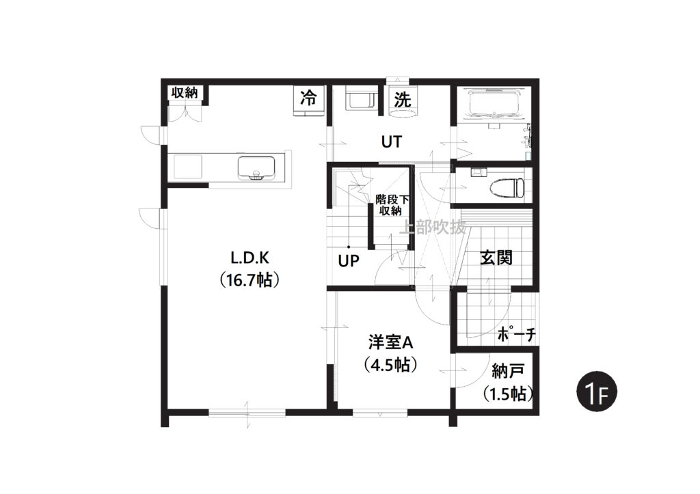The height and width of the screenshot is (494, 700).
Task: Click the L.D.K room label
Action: pyautogui.click(x=250, y=258)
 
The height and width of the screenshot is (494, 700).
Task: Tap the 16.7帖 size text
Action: pyautogui.click(x=250, y=280)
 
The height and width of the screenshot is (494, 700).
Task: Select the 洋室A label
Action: pyautogui.click(x=390, y=342)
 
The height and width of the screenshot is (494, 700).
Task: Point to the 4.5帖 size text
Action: pyautogui.click(x=390, y=365)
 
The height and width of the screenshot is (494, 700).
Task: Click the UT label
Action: pyautogui.click(x=392, y=142)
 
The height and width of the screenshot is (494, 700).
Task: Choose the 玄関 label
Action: pyautogui.click(x=496, y=258)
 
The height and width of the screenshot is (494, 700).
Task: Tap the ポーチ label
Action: pyautogui.click(x=516, y=334)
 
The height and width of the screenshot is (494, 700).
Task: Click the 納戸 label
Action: pyautogui.click(x=508, y=370)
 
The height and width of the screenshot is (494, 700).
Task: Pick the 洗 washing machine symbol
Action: pyautogui.click(x=403, y=100)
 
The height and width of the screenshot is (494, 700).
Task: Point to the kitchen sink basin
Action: pyautogui.click(x=256, y=167)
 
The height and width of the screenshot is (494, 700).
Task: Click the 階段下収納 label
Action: pyautogui.click(x=392, y=205)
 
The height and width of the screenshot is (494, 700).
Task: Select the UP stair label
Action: pyautogui.click(x=349, y=260)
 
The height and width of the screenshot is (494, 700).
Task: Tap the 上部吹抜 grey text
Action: pyautogui.click(x=432, y=228)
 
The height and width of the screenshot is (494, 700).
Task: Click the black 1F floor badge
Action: pyautogui.click(x=597, y=392)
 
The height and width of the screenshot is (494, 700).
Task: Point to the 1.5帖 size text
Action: pyautogui.click(x=508, y=394)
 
